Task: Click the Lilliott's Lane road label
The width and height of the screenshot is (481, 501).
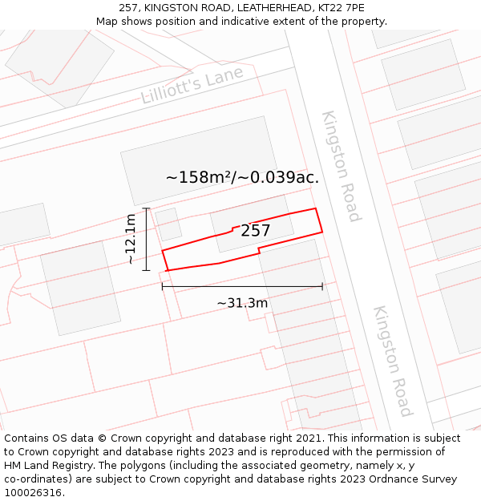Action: [x=192, y=86]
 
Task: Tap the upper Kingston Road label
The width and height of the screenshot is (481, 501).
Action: [x=342, y=166]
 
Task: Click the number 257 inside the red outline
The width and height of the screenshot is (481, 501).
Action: [x=255, y=231]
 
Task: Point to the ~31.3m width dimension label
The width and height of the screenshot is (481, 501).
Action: [x=242, y=303]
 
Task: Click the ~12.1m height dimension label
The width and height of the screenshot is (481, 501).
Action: [x=131, y=239]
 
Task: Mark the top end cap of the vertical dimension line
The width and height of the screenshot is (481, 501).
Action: [x=146, y=208]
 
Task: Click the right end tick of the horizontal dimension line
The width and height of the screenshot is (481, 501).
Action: [x=322, y=286]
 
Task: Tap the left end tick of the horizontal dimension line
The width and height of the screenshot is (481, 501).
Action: [x=162, y=286]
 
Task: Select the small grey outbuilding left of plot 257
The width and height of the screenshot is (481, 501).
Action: [x=168, y=224]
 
